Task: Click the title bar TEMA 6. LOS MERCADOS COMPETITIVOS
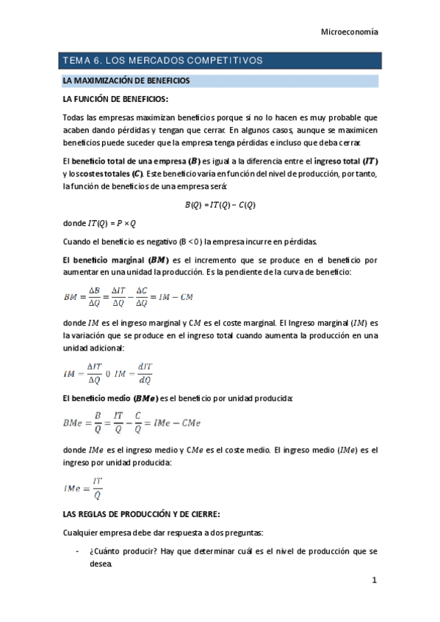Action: coord(162,60)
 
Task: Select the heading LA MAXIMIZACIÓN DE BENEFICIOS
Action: coord(126,79)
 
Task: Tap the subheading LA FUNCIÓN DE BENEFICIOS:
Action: coord(115,98)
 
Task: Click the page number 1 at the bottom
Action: coord(373,582)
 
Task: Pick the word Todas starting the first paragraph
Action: coord(74,117)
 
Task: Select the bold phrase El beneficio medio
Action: coord(95,398)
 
